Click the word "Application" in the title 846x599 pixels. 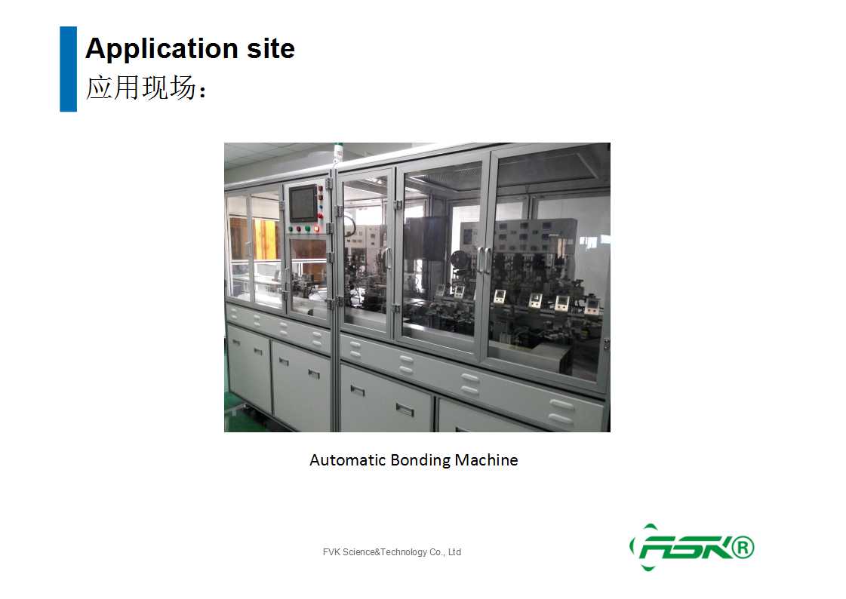(162, 49)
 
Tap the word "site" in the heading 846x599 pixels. (271, 48)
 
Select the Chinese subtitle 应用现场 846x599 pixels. (141, 88)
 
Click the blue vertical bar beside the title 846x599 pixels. (68, 69)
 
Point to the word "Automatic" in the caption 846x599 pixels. (347, 460)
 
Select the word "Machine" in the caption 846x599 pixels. (486, 460)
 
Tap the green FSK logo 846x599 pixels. (692, 547)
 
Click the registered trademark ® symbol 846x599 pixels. (743, 547)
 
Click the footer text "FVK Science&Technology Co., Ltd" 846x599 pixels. (392, 552)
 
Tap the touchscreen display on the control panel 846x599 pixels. (303, 203)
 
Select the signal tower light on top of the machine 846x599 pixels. (338, 153)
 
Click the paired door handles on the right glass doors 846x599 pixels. (484, 260)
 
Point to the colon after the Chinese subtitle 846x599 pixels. (202, 91)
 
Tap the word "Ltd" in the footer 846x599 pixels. (455, 552)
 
